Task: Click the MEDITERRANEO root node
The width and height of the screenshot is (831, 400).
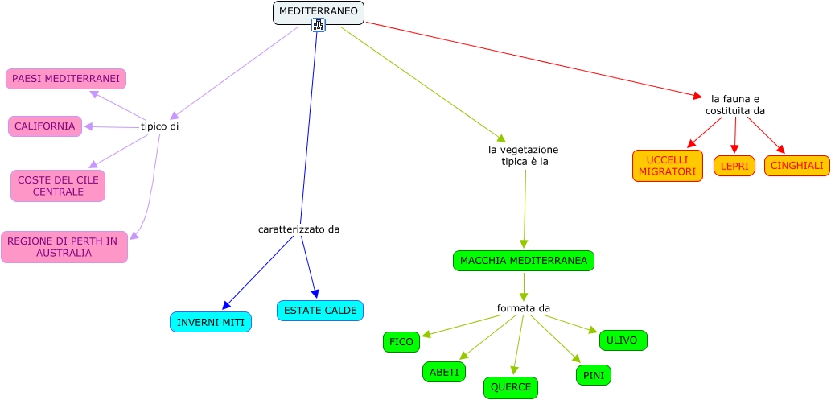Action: click(318, 12)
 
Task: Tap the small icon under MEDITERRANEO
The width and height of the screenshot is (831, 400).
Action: click(319, 25)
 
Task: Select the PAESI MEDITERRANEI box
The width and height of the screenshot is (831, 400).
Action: click(66, 79)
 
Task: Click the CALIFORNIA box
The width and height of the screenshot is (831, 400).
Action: click(45, 126)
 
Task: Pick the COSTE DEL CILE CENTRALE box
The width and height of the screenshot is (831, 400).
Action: click(58, 186)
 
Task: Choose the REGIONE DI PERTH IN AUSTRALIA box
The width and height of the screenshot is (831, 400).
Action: click(64, 247)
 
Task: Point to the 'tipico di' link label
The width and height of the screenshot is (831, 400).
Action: click(159, 126)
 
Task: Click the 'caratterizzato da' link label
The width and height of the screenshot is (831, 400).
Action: click(298, 229)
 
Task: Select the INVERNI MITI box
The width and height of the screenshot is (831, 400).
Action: click(211, 322)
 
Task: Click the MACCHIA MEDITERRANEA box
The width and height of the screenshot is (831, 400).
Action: click(524, 261)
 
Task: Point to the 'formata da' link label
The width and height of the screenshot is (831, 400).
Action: click(523, 308)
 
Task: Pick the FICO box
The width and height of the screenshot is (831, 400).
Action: click(401, 342)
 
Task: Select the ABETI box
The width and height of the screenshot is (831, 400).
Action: click(444, 372)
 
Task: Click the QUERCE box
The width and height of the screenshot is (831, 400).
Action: click(511, 387)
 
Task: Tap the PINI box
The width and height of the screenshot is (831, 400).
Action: click(594, 375)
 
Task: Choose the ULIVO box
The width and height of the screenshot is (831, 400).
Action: click(623, 340)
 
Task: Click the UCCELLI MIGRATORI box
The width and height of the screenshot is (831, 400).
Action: click(667, 166)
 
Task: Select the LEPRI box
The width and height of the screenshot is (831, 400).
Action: click(734, 166)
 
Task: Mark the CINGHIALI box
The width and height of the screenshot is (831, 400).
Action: click(796, 166)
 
